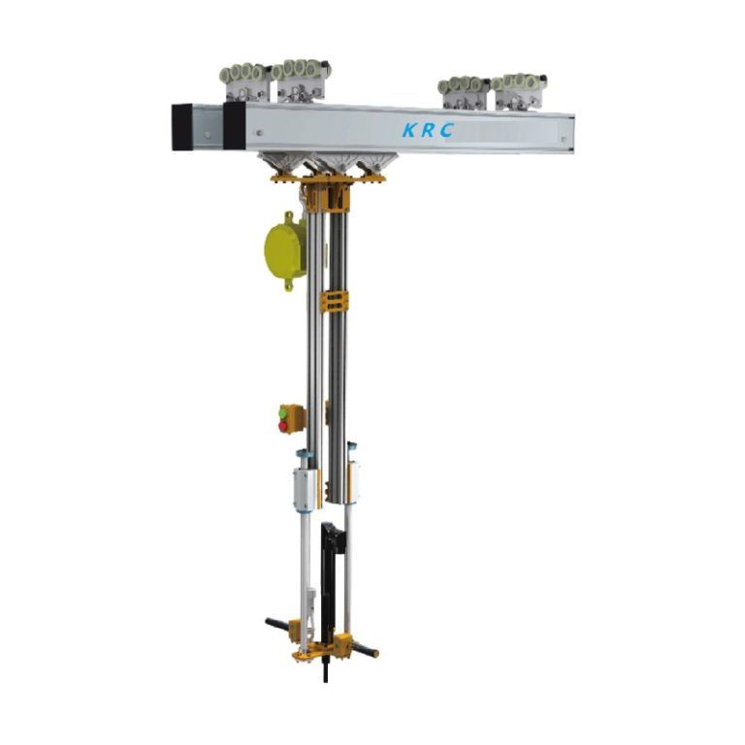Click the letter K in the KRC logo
pos(409,130)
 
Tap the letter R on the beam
pos(428,131)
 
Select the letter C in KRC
pos(446,131)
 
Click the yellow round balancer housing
pos(284,246)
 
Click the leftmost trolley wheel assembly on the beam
pos(244,81)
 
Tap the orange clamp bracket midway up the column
pos(333,301)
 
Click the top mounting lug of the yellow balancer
pos(288,215)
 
